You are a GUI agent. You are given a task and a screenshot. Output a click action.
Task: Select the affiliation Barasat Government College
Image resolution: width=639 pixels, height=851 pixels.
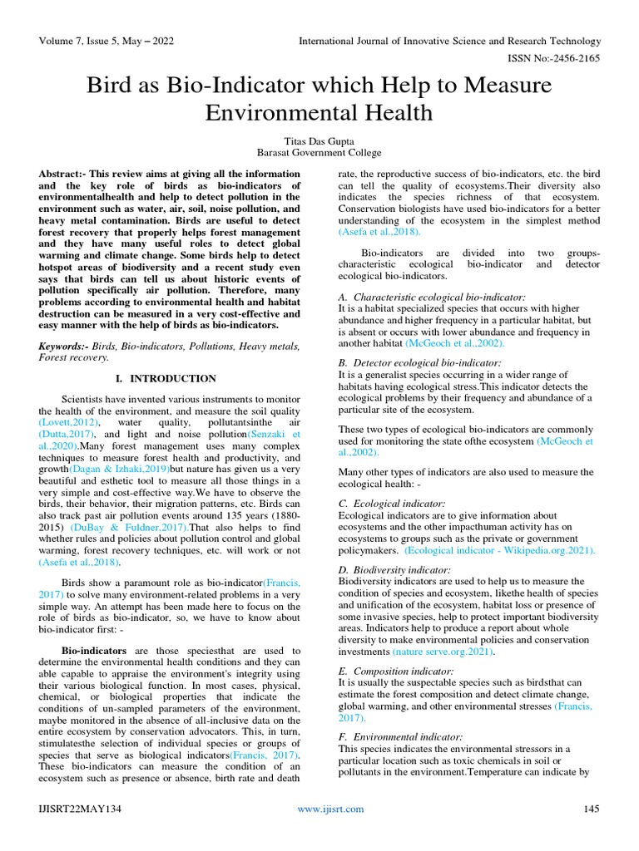319,152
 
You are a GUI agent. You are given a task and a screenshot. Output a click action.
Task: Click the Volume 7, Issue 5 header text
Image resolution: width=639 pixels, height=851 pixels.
106,41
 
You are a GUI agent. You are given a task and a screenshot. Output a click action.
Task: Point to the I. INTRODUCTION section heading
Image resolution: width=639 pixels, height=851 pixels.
166,378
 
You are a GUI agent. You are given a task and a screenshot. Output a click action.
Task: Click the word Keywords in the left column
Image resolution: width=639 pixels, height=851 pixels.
62,345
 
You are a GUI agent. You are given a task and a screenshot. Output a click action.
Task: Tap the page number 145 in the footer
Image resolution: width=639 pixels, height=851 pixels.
592,809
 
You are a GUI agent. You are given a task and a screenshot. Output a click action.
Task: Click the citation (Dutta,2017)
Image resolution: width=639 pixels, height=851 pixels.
67,434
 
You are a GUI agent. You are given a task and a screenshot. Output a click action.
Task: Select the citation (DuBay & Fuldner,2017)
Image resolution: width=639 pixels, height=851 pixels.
115,527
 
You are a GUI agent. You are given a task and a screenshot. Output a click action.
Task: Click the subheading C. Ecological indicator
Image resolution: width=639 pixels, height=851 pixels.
391,504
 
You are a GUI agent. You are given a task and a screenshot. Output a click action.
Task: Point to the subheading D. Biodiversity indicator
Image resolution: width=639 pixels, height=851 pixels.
394,570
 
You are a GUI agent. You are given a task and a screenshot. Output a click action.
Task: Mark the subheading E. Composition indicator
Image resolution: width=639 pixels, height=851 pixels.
395,671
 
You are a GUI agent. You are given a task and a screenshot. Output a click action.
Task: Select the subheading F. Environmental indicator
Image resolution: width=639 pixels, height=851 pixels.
400,737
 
